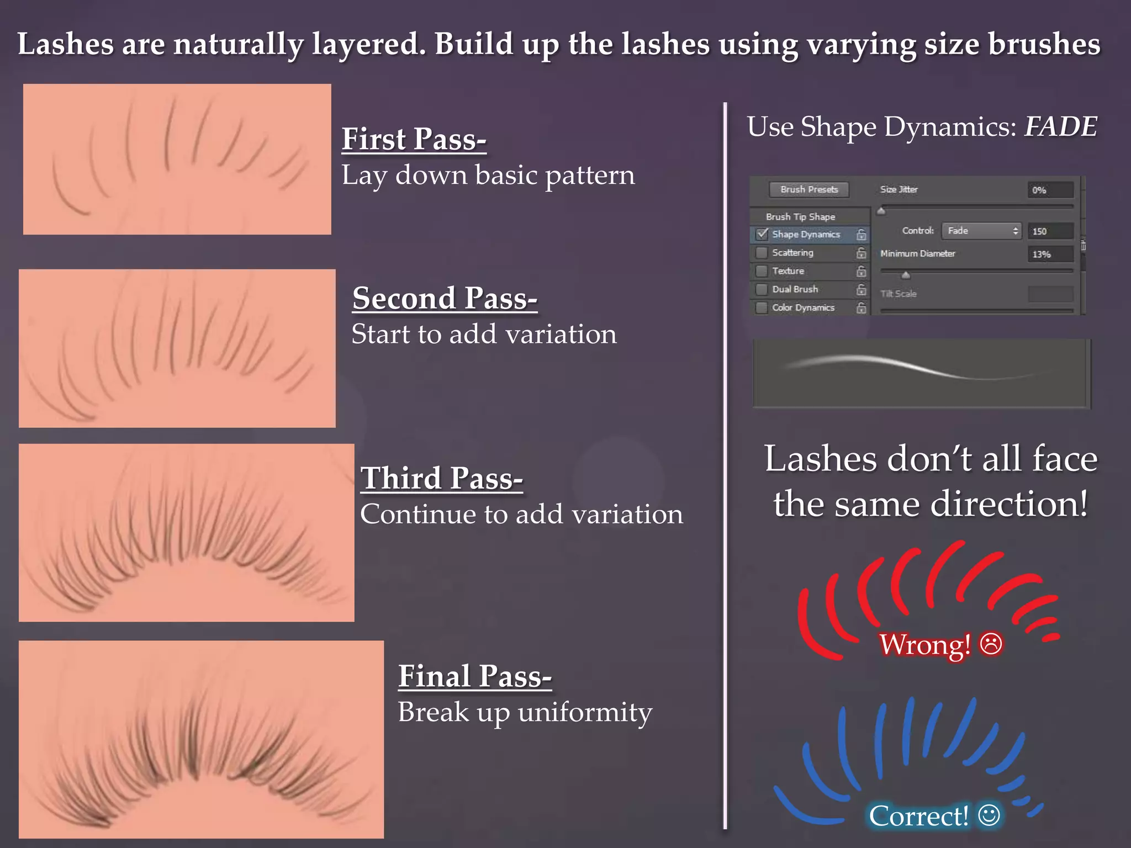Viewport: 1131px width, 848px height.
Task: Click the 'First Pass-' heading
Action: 414,139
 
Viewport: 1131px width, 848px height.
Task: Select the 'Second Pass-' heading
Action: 445,299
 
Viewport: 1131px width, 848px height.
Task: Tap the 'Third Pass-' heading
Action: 441,478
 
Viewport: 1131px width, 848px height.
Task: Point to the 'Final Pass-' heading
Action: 474,676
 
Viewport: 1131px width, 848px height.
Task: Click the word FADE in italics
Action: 1060,127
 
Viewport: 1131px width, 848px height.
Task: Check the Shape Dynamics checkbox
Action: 762,234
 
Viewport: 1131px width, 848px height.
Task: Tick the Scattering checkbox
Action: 762,253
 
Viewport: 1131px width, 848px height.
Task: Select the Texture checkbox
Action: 762,271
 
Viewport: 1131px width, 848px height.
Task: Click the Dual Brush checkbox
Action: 762,289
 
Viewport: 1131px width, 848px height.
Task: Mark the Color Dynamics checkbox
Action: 762,308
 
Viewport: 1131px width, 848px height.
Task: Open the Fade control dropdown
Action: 981,231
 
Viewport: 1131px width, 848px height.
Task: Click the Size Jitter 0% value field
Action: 1050,190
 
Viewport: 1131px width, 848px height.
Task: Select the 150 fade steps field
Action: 1050,231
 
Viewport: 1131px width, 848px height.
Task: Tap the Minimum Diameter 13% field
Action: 1050,254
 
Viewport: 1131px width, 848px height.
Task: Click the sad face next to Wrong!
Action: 991,644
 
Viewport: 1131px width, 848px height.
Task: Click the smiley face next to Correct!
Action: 989,815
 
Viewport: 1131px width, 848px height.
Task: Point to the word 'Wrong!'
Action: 925,644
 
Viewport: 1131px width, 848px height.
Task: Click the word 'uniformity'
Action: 585,713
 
